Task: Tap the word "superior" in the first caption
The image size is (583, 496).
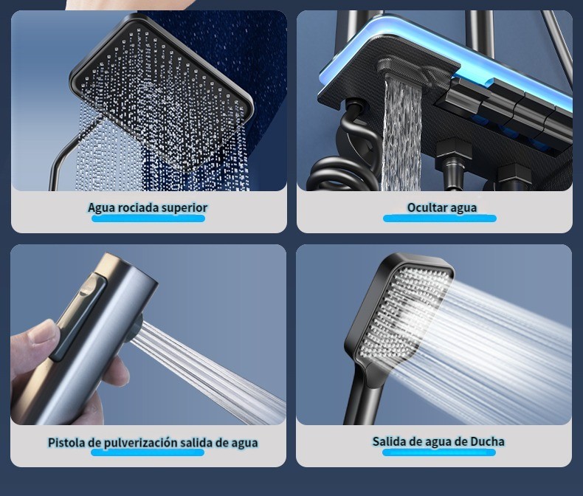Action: tap(184, 207)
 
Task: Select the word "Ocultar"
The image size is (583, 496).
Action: tap(425, 207)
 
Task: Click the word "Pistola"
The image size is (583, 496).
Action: tap(67, 442)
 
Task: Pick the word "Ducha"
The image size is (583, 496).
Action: tap(487, 441)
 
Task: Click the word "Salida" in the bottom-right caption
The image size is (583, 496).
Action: tap(390, 441)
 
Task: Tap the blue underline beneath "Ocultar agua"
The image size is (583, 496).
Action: tap(440, 218)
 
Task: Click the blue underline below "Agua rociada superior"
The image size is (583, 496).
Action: tap(148, 218)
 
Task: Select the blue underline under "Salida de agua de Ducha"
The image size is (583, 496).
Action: tap(439, 452)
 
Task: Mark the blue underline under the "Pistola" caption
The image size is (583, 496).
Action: tap(148, 452)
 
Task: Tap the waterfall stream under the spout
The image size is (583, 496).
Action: tap(402, 134)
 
